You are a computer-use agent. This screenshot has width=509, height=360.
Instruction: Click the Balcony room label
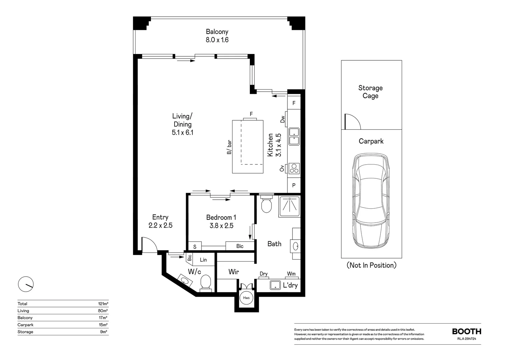(x=217, y=32)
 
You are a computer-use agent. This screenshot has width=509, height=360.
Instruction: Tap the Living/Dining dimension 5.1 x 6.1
(x=183, y=132)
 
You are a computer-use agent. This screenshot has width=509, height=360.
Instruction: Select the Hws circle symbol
(x=246, y=298)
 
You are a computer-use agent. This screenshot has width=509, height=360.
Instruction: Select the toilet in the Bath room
(x=266, y=205)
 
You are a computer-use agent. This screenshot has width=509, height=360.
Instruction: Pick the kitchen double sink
(x=294, y=136)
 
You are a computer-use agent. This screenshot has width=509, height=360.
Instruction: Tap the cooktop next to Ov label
(x=294, y=168)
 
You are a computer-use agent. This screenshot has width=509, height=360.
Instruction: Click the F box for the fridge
(x=294, y=103)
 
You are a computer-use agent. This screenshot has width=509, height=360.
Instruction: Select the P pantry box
(x=294, y=185)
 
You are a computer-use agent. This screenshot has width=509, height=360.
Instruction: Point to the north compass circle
(x=26, y=284)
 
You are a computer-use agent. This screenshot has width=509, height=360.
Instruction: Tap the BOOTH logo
(x=466, y=331)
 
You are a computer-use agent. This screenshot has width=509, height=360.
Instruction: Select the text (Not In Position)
(x=371, y=265)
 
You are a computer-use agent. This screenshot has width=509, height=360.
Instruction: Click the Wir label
(x=234, y=272)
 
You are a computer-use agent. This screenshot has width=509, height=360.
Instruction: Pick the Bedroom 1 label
(x=221, y=218)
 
